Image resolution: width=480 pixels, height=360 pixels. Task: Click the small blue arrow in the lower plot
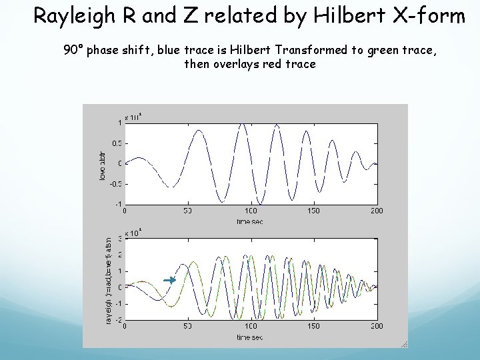[x=170, y=281]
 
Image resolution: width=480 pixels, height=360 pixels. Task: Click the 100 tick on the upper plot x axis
[x=251, y=211]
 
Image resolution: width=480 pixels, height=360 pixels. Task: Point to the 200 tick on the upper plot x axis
[x=377, y=211]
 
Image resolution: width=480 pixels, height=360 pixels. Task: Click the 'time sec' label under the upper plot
[x=251, y=221]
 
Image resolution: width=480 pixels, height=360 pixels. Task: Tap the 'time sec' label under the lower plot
[x=251, y=337]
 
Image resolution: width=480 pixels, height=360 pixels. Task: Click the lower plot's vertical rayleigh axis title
[x=109, y=279]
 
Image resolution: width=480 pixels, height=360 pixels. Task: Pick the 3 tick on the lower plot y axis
[x=120, y=238]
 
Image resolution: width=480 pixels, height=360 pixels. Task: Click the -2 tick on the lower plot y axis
[x=119, y=320]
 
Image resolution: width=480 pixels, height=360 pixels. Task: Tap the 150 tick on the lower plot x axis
[x=314, y=327]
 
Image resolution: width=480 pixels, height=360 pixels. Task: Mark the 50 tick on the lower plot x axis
[x=188, y=327]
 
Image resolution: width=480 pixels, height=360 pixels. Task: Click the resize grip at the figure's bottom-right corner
[x=403, y=344]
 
